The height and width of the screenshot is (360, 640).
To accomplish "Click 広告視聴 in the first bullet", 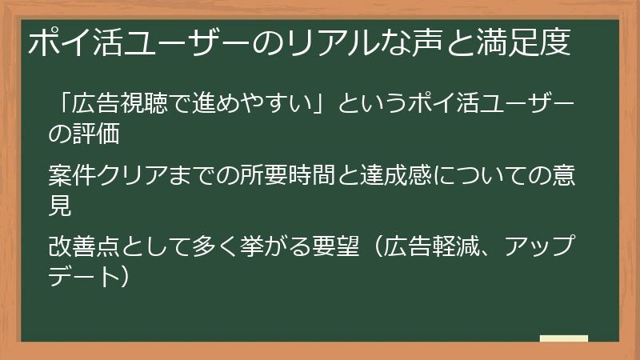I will click(113, 106).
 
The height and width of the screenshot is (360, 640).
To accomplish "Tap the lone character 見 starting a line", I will click(60, 206).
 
